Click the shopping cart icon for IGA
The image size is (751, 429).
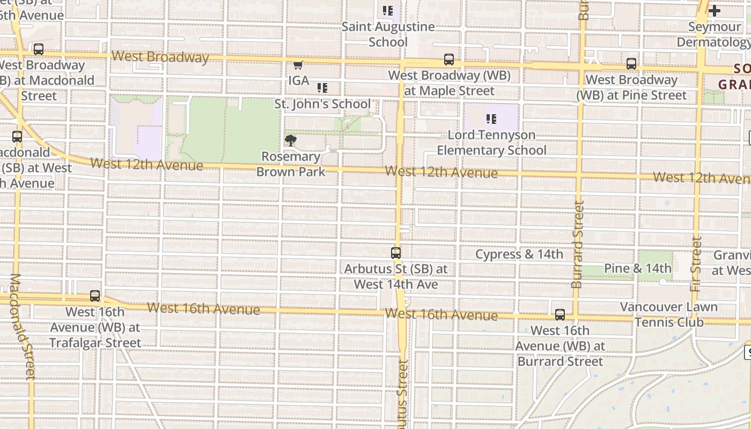click(298, 65)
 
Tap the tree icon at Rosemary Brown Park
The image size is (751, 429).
click(291, 141)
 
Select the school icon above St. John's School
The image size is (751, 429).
click(322, 88)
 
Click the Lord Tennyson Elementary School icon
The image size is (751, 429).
click(491, 119)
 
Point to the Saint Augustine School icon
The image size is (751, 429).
click(388, 10)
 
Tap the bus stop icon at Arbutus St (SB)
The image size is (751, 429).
click(396, 253)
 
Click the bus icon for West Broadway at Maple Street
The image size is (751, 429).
click(449, 60)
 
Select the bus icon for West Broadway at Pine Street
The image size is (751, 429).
click(631, 64)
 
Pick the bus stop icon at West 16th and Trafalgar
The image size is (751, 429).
click(95, 295)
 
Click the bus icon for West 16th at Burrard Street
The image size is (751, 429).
click(560, 315)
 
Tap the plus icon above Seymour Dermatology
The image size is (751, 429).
click(714, 11)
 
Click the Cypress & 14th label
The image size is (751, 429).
click(519, 254)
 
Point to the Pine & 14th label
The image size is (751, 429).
click(637, 268)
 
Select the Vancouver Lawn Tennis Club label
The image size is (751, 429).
click(668, 315)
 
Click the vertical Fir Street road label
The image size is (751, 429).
click(696, 264)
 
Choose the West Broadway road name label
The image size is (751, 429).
click(160, 57)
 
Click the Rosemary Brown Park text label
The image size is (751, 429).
click(291, 164)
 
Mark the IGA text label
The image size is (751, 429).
click(299, 80)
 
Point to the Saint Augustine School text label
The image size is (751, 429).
click(388, 34)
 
